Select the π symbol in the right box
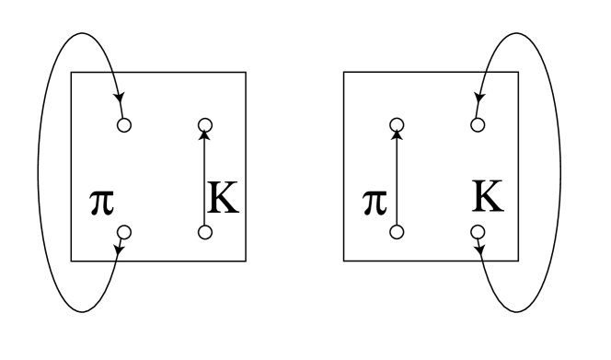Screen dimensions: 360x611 [372, 202]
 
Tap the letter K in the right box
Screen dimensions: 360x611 [490, 199]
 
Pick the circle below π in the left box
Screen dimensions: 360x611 [125, 232]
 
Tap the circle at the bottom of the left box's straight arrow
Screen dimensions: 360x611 [205, 232]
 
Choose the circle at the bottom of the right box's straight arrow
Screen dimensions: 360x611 [397, 232]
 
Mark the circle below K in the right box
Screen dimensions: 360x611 [478, 232]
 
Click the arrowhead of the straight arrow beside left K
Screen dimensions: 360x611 [205, 134]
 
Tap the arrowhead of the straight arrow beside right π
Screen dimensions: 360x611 [397, 134]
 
